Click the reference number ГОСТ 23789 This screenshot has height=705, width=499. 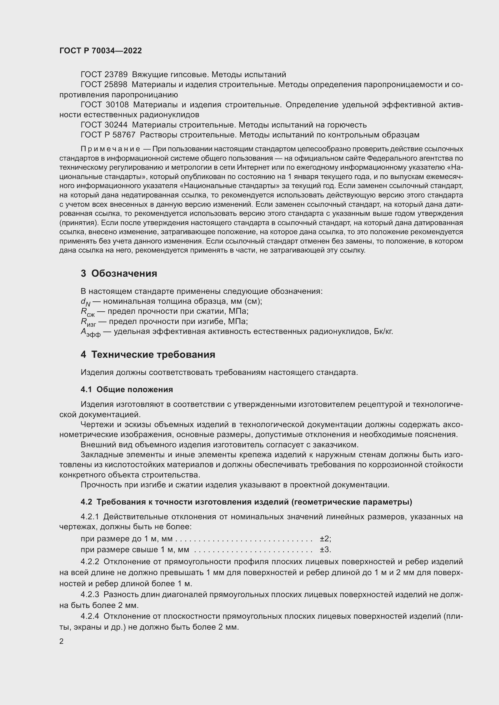coord(104,75)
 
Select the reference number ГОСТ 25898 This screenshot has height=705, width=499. coord(104,84)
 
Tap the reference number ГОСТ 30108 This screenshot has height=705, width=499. coord(104,105)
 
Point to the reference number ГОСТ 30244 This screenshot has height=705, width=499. coord(104,125)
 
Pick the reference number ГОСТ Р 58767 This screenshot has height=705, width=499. coord(108,135)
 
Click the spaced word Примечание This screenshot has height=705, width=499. coord(110,149)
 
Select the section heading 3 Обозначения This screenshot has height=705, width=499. coord(119,273)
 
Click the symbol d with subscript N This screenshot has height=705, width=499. coord(85,302)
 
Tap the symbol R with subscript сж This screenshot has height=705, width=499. coord(87,312)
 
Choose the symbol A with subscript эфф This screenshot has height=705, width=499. coord(90,332)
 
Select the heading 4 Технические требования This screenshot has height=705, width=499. coord(148,355)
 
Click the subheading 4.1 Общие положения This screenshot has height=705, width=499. coord(127,390)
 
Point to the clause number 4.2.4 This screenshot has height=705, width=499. coord(90,616)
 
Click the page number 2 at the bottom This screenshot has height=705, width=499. coord(62,641)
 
